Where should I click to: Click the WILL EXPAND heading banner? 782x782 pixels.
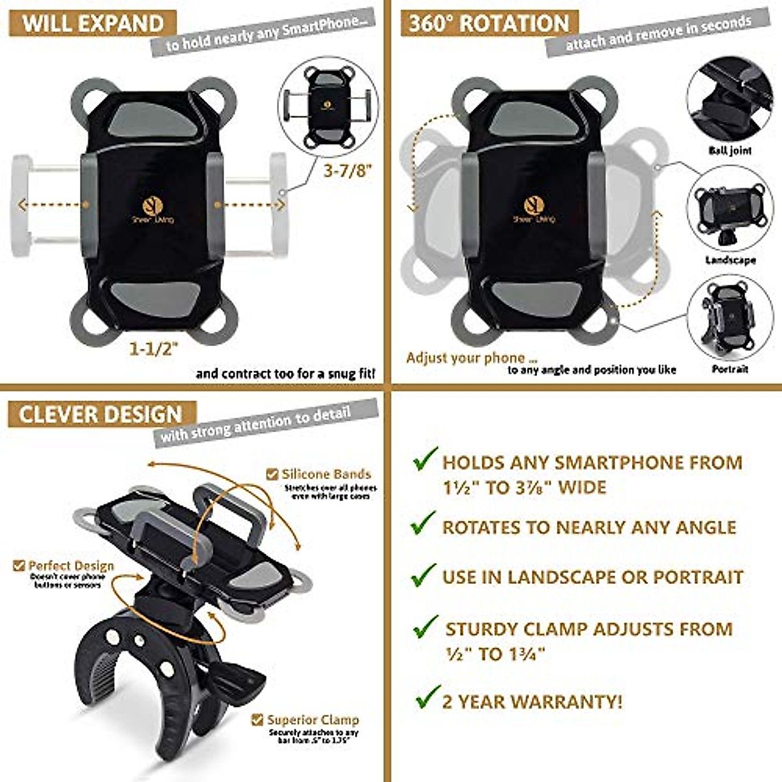pos(93,23)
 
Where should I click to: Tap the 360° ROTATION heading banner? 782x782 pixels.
pos(489,23)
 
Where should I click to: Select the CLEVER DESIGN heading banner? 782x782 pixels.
pos(101,414)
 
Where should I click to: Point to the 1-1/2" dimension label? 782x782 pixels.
pos(154,349)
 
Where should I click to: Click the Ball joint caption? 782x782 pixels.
pos(730,151)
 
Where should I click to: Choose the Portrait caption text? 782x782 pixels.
pos(730,369)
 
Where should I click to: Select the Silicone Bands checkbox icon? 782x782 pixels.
pos(272,474)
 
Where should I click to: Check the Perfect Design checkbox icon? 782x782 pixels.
pos(19,566)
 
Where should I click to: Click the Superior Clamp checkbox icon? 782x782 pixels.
pos(258,720)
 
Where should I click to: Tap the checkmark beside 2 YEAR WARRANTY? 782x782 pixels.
pos(427,698)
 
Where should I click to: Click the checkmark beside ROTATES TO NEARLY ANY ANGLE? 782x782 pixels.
pos(424,523)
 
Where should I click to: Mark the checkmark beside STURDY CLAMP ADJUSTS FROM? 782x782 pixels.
pos(426,627)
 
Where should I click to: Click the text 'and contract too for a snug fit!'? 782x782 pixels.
pos(285,374)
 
